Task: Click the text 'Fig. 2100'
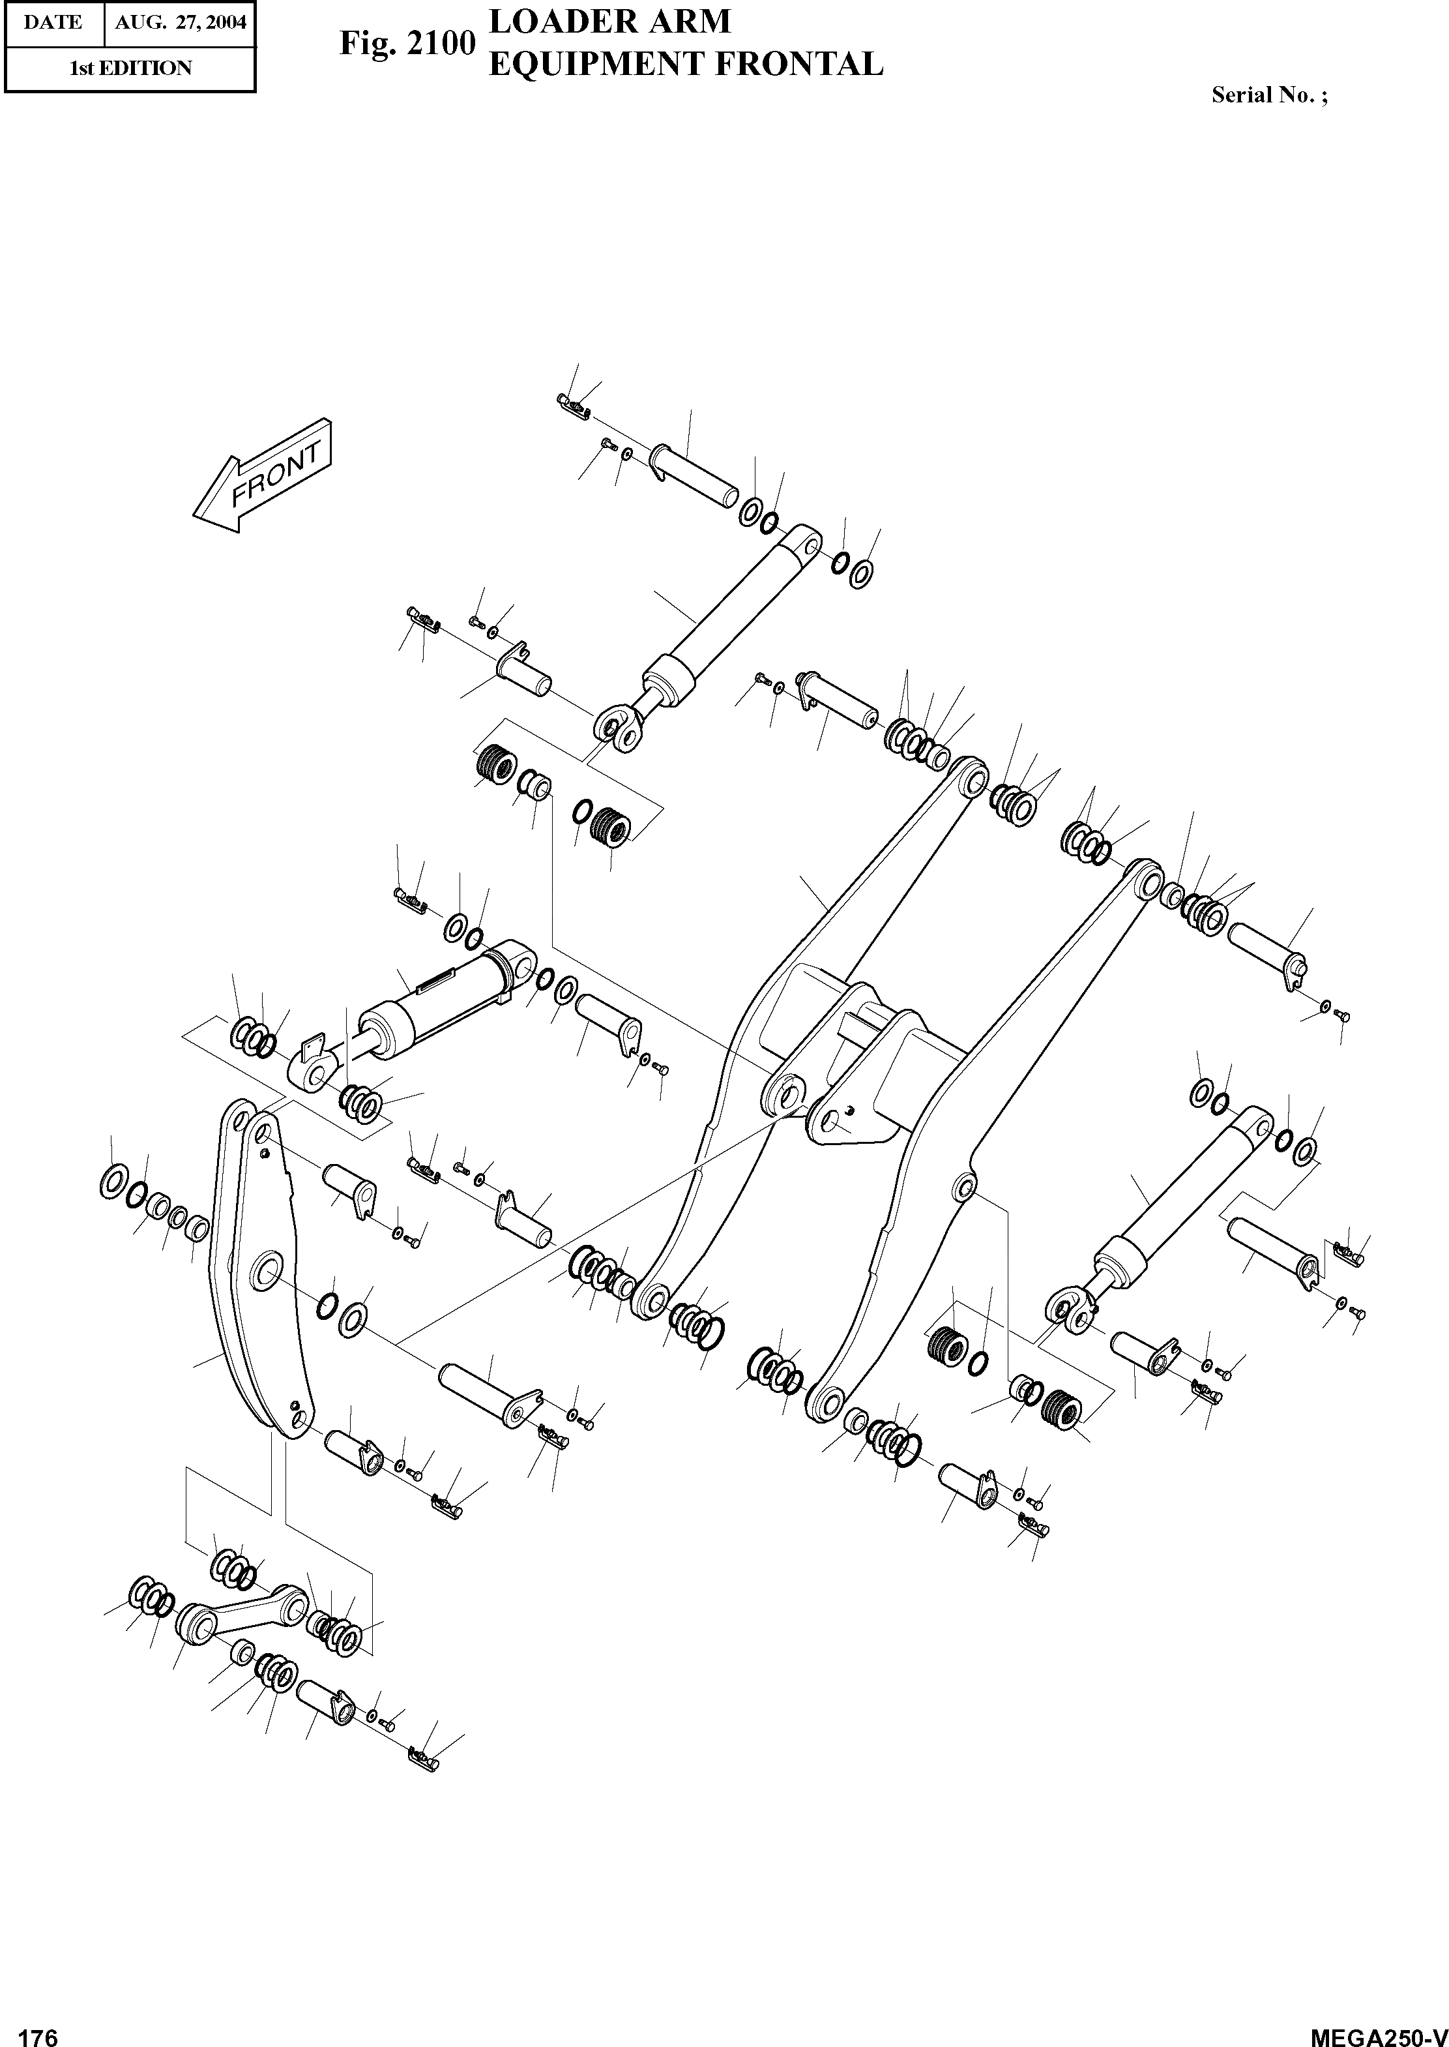406,44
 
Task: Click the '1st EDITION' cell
130,68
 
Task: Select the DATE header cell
53,22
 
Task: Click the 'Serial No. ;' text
1268,95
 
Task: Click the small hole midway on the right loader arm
963,1186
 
